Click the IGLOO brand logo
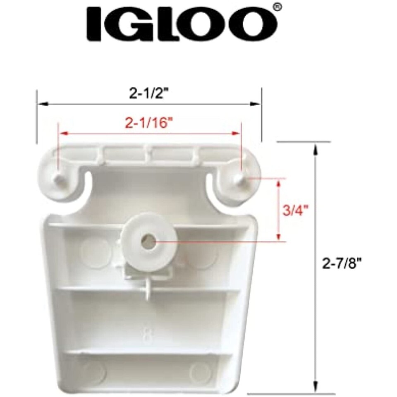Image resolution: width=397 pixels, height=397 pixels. pyautogui.click(x=182, y=24)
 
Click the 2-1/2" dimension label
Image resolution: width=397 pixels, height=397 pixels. pyautogui.click(x=149, y=94)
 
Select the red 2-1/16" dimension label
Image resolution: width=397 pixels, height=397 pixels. pyautogui.click(x=147, y=123)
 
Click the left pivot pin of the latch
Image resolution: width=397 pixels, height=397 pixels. pyautogui.click(x=59, y=178)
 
